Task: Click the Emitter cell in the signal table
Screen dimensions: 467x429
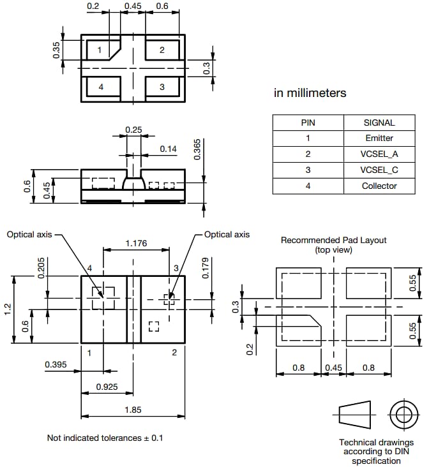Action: (379, 138)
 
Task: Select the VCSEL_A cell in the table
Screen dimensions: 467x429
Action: (379, 154)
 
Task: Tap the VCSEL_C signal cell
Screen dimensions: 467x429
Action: (379, 170)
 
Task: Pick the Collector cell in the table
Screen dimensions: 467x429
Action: (379, 186)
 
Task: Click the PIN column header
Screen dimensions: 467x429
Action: (308, 122)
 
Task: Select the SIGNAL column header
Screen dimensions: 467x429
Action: (379, 122)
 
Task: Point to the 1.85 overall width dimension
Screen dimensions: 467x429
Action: (133, 410)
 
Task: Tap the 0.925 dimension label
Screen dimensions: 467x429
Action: (106, 387)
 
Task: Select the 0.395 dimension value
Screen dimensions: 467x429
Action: (56, 364)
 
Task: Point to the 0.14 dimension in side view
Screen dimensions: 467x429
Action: (169, 149)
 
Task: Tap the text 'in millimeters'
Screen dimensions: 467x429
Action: (310, 93)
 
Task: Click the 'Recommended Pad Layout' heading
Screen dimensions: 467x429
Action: (333, 241)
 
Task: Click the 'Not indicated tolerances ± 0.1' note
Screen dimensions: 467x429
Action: (106, 438)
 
